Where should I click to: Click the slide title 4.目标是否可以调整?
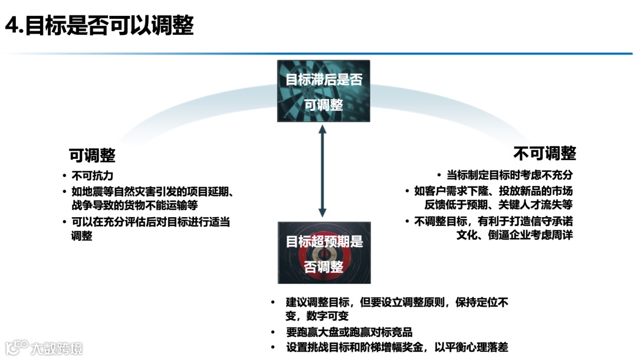click(99, 26)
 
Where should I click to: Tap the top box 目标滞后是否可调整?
click(323, 91)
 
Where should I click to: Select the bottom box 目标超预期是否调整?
click(324, 253)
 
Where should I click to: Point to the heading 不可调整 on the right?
click(544, 153)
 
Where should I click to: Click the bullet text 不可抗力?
click(92, 176)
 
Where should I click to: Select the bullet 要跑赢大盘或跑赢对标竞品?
click(349, 332)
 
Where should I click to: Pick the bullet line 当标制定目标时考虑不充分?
click(509, 175)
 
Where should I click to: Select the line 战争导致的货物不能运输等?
click(134, 205)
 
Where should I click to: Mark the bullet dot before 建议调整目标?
click(273, 303)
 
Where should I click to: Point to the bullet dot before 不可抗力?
click(64, 176)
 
